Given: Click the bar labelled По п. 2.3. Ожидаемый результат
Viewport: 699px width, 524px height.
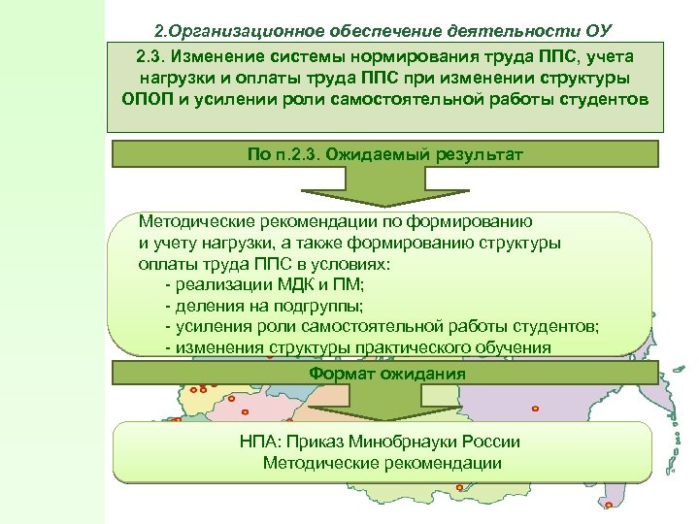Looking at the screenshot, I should click(384, 154).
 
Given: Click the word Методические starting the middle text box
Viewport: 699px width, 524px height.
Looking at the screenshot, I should click(191, 221).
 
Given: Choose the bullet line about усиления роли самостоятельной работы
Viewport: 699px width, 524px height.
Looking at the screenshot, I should click(383, 326).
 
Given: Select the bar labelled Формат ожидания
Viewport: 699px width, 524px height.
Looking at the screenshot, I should click(386, 374).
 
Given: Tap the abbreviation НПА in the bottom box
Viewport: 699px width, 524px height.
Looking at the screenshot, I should click(259, 442).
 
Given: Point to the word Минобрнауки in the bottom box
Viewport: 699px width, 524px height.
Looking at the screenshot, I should click(389, 442).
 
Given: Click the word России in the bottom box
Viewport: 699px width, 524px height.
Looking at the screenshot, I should click(491, 442).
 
